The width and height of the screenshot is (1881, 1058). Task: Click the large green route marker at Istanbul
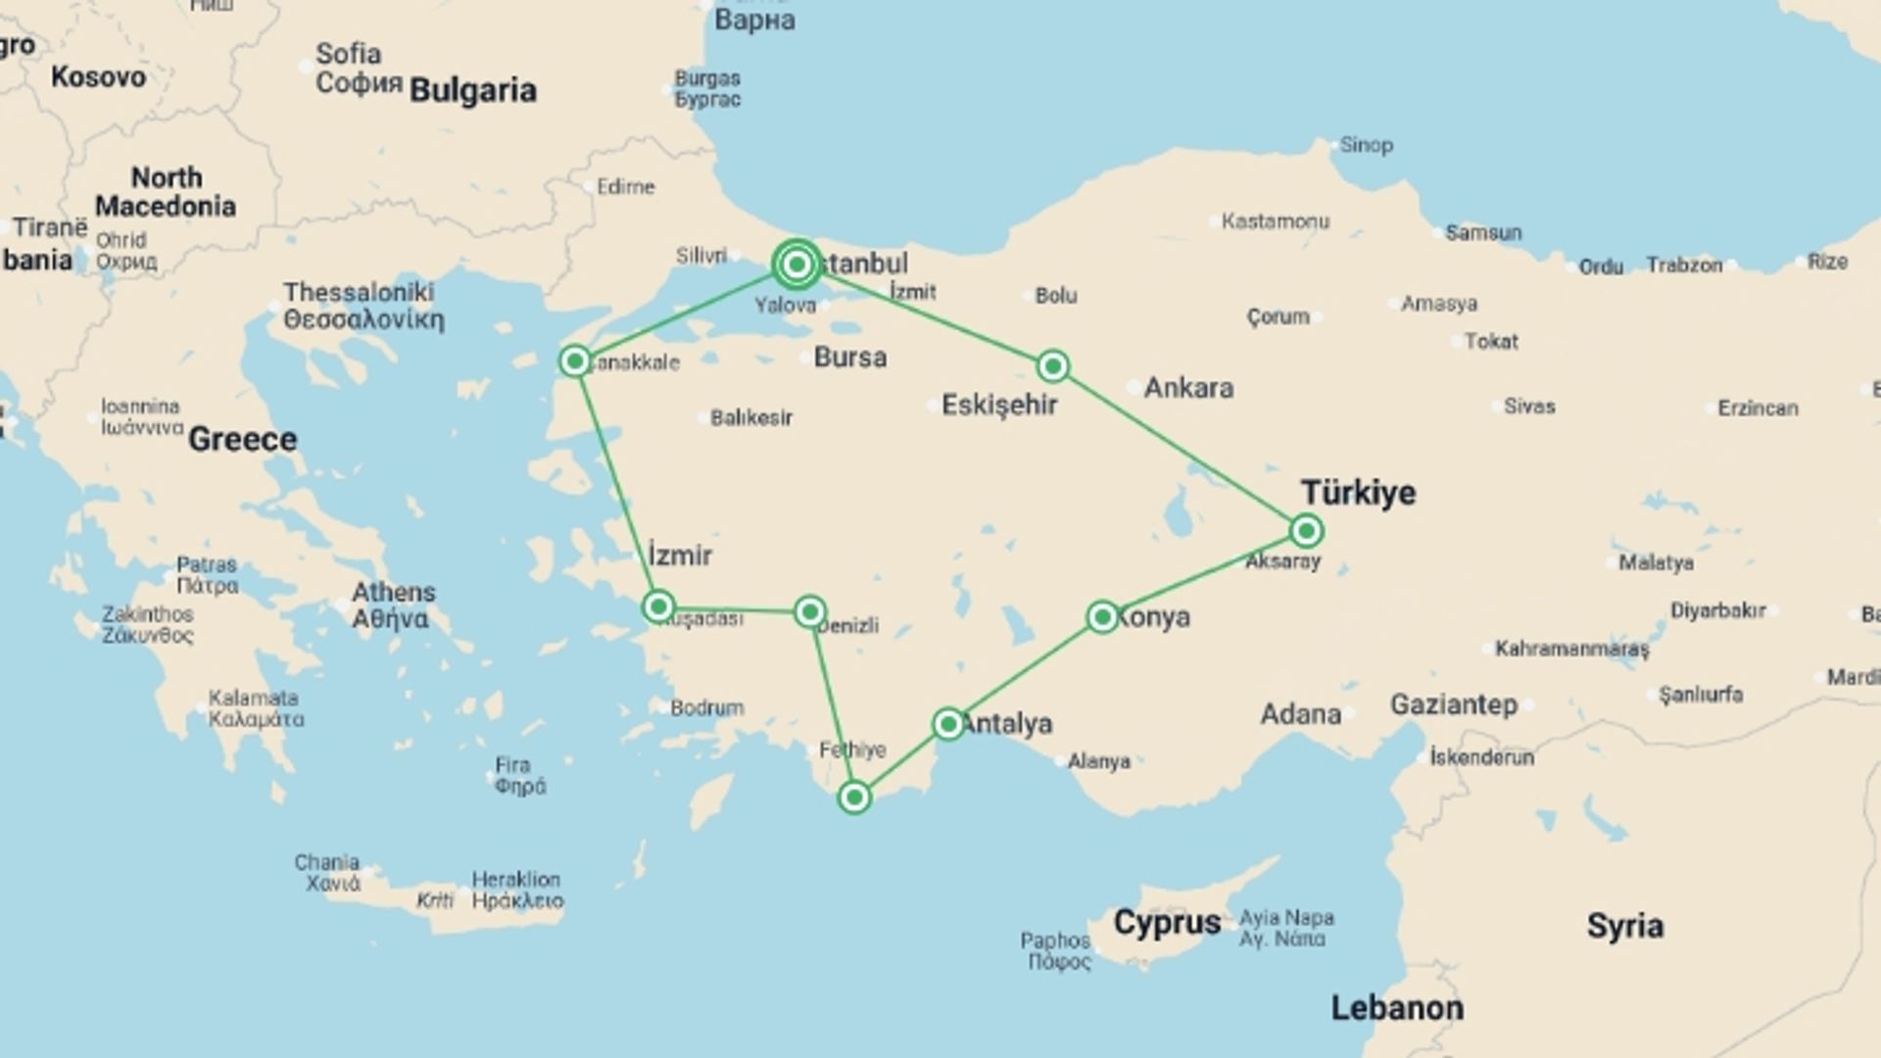coord(796,264)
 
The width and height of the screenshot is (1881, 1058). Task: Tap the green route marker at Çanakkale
coord(575,361)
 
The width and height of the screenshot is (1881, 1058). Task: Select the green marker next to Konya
coord(1102,617)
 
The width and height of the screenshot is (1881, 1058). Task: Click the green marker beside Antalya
coord(947,725)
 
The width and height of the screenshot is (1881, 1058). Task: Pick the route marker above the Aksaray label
coord(1306,531)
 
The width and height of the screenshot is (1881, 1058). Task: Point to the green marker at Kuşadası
coord(658,607)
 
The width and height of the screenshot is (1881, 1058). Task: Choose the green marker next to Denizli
coord(809,612)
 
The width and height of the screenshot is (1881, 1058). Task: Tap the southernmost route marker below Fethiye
coord(854,797)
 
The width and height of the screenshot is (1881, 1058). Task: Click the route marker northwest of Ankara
coord(1053,366)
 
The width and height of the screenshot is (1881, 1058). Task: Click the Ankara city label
coord(1188,388)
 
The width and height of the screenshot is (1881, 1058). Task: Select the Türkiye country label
coord(1358,493)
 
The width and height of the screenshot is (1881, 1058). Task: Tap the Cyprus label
coord(1167,923)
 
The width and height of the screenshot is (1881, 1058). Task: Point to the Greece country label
coord(242,440)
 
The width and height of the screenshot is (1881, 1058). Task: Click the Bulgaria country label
coord(473,91)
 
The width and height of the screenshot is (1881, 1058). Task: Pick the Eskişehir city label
coord(999,405)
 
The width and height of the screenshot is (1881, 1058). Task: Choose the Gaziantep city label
coord(1453,704)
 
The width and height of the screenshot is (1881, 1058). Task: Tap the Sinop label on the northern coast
coord(1366,145)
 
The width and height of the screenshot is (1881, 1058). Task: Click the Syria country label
coord(1624,926)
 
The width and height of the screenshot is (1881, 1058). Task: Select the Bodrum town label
coord(706,707)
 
